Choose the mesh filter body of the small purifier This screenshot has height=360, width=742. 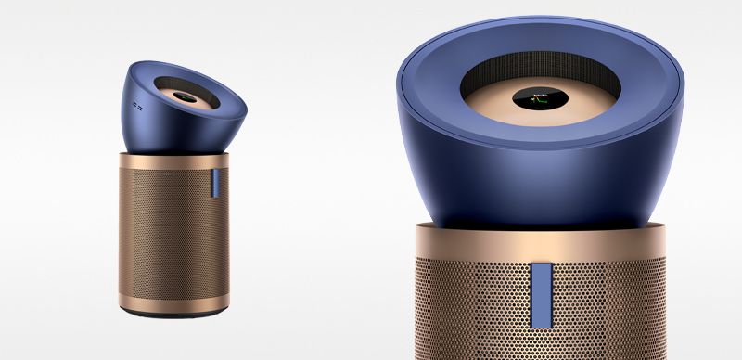pyautogui.click(x=167, y=232)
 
